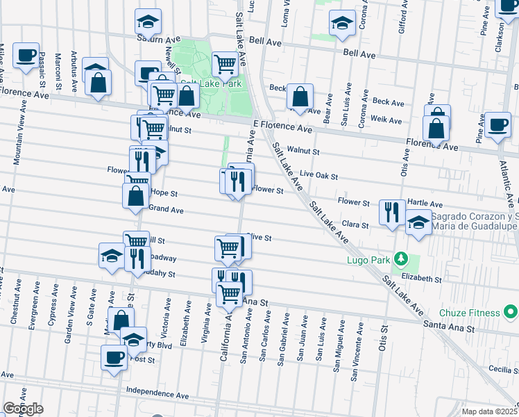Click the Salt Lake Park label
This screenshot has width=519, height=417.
point(212,83)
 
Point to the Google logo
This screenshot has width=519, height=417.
point(23,409)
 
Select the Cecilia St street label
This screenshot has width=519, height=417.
point(502,369)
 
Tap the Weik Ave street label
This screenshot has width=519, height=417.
point(386,120)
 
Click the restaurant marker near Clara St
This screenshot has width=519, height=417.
point(393,212)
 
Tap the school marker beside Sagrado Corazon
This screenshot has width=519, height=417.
point(418,222)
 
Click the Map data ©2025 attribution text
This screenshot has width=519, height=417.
point(490,411)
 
